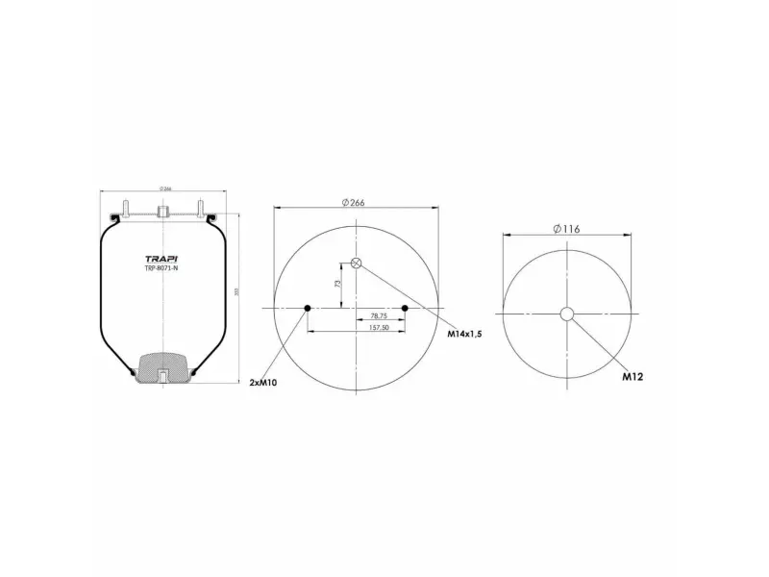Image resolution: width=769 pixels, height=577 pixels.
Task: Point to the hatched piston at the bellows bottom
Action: [x=164, y=366]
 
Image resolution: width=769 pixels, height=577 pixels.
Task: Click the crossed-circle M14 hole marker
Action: [x=357, y=263]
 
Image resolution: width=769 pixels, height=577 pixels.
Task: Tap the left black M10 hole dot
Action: [x=308, y=308]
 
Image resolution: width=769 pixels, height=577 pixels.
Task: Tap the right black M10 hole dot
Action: [x=406, y=308]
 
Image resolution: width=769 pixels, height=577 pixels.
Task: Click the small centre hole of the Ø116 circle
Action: [x=567, y=314]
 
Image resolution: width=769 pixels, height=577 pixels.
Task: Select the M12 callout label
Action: [x=632, y=377]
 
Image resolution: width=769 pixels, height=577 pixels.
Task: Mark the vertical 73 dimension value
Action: [x=337, y=285]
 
